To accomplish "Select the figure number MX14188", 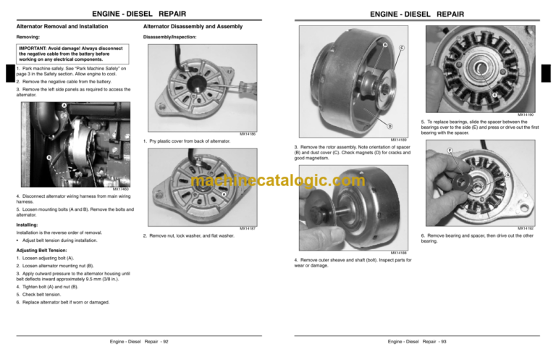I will (x=399, y=253).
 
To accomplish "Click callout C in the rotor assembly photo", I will (x=401, y=49).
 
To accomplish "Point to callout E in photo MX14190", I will (x=494, y=96).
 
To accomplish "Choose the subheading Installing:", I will (x=27, y=225).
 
